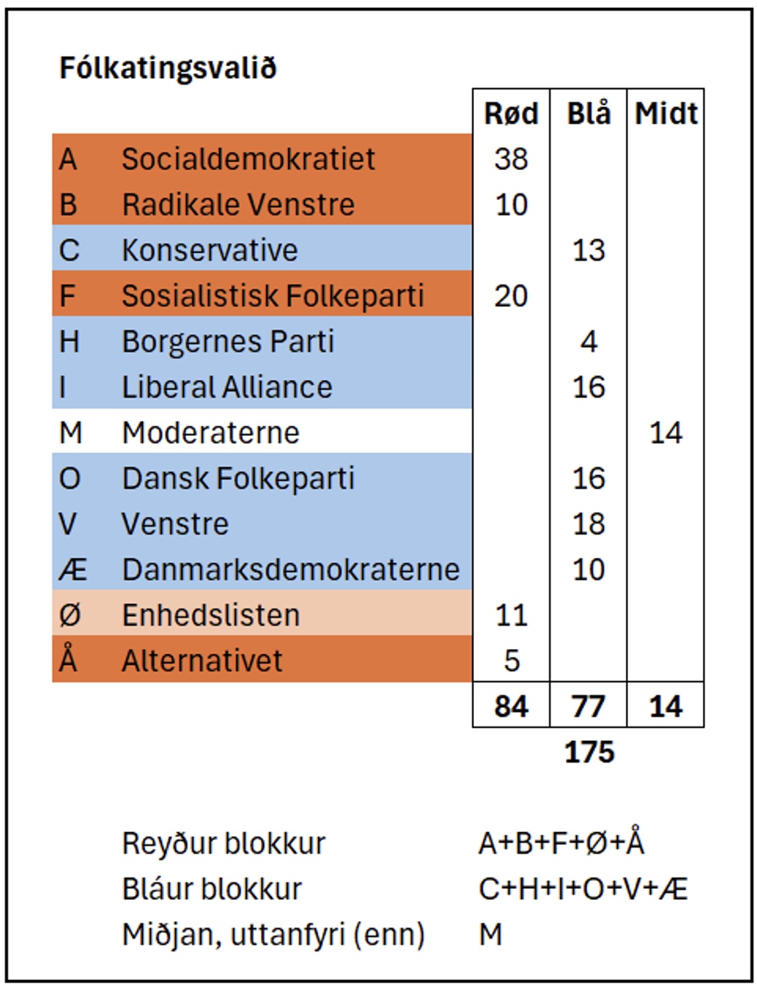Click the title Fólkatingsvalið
tap(168, 68)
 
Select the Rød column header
tap(511, 113)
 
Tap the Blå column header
tap(589, 113)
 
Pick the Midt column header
tap(666, 113)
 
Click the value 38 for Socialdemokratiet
tap(511, 159)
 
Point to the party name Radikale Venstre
tap(238, 205)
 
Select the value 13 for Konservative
tap(589, 250)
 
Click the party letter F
tap(68, 296)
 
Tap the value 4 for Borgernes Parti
tap(589, 341)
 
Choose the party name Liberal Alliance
tap(227, 387)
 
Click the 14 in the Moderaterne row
tap(666, 432)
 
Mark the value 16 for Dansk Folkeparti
tap(589, 478)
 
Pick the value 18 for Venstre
tap(589, 524)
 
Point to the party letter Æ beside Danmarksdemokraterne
tap(72, 570)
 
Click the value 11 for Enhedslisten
tap(511, 616)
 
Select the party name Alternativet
tap(201, 661)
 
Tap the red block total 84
tap(511, 706)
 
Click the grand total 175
tap(589, 752)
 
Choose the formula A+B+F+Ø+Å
tap(562, 843)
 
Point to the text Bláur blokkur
tap(211, 889)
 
